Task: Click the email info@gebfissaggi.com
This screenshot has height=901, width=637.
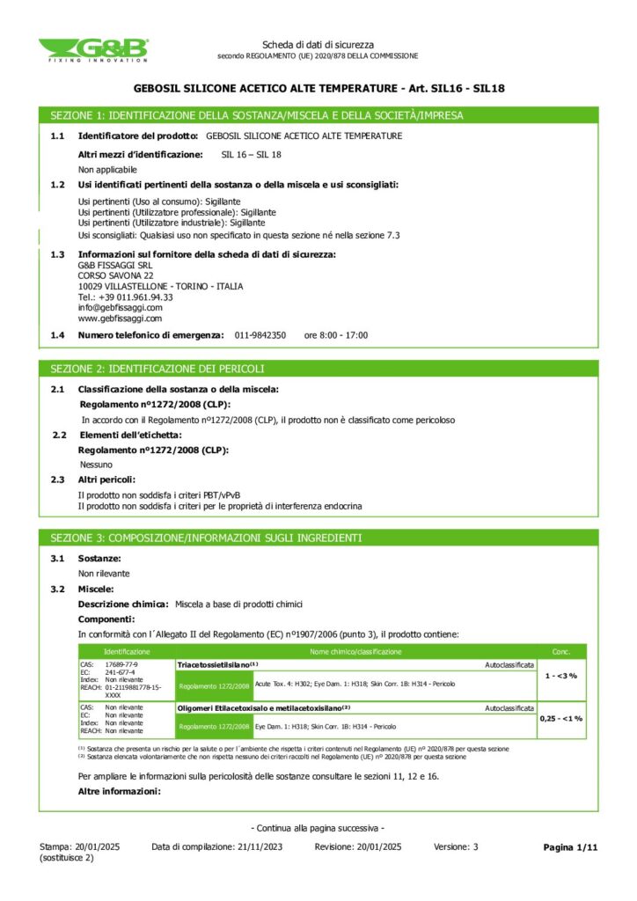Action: coord(121,308)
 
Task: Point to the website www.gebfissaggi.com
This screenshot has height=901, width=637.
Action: coord(120,319)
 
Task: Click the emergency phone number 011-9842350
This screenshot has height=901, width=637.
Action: coord(260,335)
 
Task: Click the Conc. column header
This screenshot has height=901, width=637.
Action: coord(561,652)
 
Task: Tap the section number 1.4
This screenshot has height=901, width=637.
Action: coord(58,335)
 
